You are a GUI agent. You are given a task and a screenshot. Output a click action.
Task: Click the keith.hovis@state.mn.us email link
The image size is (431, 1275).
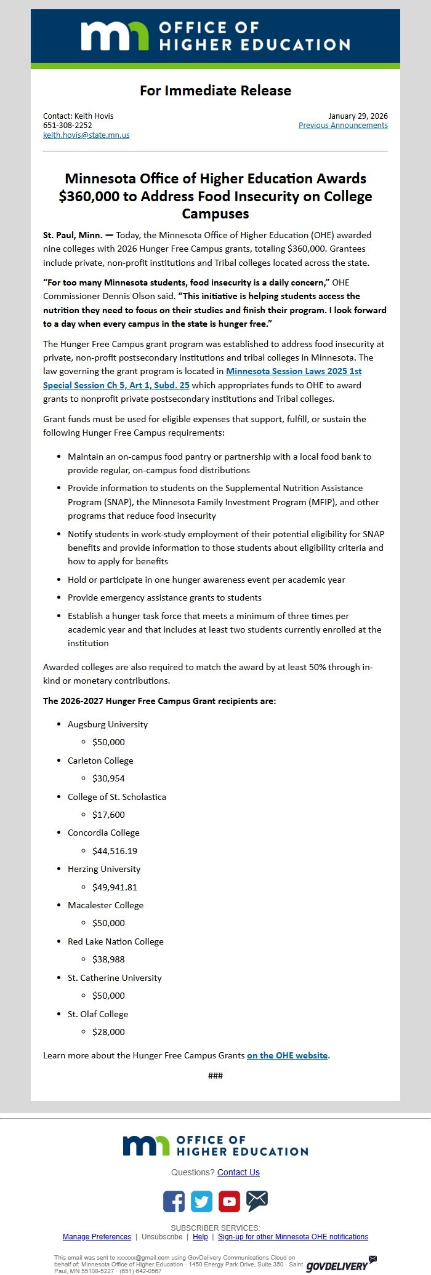coord(86,135)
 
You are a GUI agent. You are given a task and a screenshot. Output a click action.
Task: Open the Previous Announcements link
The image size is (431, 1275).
coord(343,126)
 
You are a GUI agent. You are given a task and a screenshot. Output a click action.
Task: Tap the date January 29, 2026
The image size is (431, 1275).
coord(358,116)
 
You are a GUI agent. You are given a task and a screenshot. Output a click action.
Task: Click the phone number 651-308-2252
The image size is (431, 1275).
coord(68,126)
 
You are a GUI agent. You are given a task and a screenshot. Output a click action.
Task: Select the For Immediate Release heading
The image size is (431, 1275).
coord(215,90)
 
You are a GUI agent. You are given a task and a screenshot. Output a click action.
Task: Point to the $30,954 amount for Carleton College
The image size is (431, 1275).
coord(108,778)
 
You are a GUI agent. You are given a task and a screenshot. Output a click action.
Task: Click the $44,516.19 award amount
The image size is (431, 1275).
coord(115,851)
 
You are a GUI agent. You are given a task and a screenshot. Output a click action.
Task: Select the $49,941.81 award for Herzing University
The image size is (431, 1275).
coord(115,887)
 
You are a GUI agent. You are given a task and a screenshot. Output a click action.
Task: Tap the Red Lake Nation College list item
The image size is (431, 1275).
coord(115,941)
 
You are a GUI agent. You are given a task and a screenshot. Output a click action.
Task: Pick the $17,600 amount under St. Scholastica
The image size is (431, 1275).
coord(108,815)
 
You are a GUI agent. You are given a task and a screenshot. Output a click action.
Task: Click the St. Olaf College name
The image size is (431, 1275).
coord(98,1014)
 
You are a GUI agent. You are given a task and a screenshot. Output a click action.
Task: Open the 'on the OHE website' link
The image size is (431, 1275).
coord(287,1055)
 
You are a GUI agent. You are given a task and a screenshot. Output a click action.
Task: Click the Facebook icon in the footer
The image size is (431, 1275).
coord(174,1201)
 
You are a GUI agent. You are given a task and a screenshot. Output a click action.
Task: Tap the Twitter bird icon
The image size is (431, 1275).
coord(201,1201)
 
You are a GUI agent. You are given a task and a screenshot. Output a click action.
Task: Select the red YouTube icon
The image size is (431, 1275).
coord(229,1201)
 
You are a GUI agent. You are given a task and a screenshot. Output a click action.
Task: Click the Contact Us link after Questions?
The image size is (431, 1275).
coord(238,1172)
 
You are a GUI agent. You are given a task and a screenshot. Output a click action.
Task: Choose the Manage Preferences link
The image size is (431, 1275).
coord(97,1237)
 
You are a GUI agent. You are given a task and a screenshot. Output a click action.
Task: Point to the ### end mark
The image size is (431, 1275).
coord(215,1076)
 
